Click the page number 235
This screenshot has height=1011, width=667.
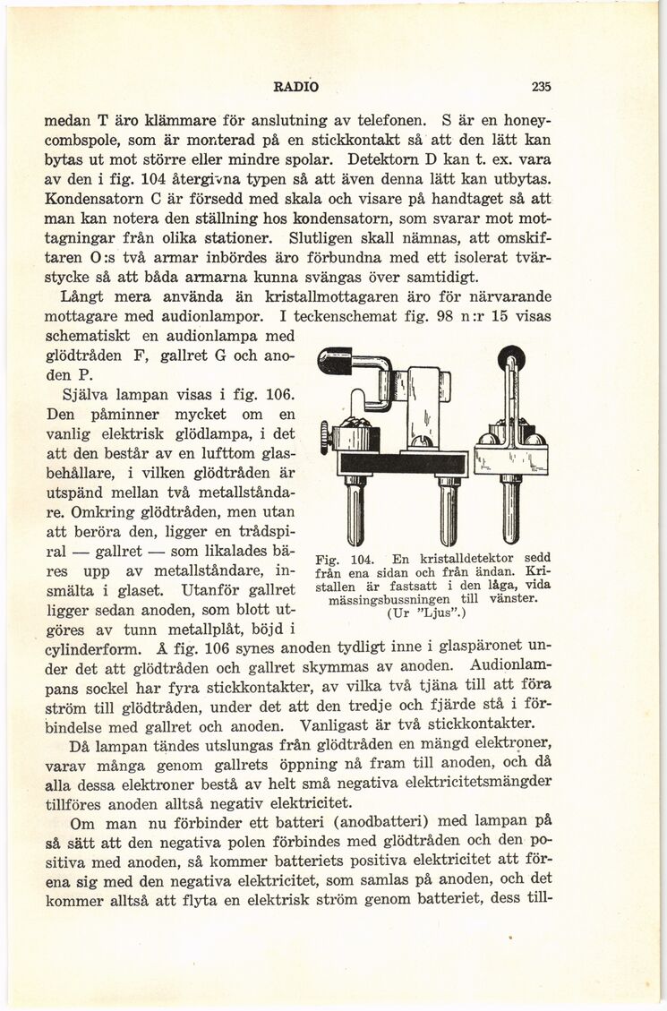(540, 87)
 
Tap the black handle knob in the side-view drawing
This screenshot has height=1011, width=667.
(335, 362)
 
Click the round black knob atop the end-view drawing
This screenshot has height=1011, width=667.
(511, 358)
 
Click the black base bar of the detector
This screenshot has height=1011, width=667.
(403, 464)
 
